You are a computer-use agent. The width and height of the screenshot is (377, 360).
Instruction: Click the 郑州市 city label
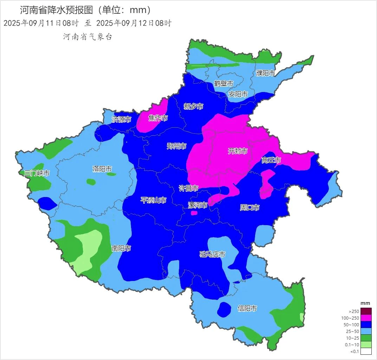[x=176, y=146]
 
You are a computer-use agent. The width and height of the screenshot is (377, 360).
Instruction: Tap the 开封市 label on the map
[x=238, y=151]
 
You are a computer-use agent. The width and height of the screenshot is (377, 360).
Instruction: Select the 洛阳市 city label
[x=102, y=169]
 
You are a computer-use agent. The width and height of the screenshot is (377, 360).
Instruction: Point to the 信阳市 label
[x=247, y=308]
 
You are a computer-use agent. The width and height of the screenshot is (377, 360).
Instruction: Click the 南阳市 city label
[x=121, y=248]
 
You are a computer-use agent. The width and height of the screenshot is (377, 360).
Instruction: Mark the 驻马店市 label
[x=212, y=254]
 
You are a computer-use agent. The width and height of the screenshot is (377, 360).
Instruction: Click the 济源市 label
[x=122, y=119]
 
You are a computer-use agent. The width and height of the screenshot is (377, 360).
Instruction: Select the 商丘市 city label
[x=271, y=160]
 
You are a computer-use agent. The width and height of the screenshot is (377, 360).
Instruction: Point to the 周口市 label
[x=249, y=208]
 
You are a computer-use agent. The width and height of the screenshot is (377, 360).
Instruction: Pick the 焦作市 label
[x=158, y=118]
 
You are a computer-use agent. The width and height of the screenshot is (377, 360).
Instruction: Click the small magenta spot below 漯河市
[x=194, y=213]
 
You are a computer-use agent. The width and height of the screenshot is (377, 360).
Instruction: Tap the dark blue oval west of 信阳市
[x=224, y=309]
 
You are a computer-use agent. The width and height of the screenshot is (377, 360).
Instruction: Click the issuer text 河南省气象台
[x=87, y=37]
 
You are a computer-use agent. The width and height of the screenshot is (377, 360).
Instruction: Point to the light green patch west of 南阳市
[x=88, y=249]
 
